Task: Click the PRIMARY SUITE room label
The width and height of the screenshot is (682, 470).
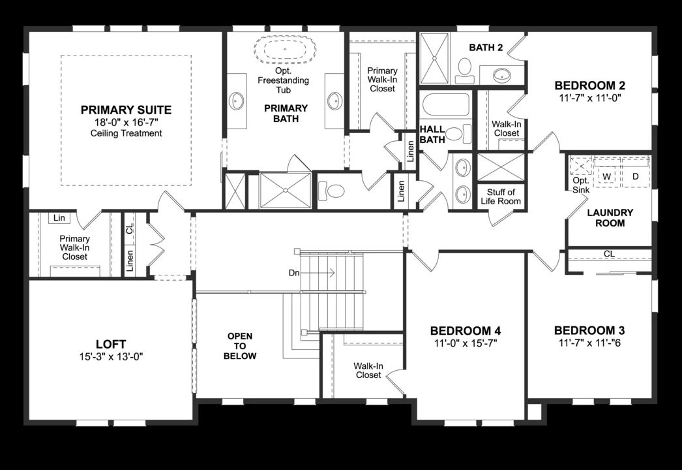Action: (126, 110)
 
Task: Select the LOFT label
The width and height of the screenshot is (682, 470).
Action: (110, 344)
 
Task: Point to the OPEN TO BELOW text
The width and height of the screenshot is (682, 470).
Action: (240, 346)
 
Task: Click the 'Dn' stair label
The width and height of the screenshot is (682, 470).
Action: (294, 273)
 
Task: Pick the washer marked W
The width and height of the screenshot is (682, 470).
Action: (606, 176)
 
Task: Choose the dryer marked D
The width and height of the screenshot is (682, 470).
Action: (636, 176)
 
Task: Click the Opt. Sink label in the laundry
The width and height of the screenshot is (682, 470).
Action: (580, 185)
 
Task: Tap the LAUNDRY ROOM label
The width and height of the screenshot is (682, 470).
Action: (610, 217)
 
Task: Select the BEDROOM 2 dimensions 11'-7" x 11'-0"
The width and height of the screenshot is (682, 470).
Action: (590, 99)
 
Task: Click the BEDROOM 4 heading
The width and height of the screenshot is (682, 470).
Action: (465, 330)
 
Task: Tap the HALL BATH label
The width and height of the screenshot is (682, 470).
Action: (432, 134)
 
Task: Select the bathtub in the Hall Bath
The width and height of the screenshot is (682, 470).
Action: (445, 104)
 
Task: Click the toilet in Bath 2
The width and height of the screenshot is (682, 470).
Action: (465, 69)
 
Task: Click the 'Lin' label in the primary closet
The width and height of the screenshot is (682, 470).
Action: (59, 218)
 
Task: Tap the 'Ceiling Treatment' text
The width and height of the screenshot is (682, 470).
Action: (126, 133)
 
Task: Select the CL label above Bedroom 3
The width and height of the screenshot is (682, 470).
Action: (609, 253)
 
